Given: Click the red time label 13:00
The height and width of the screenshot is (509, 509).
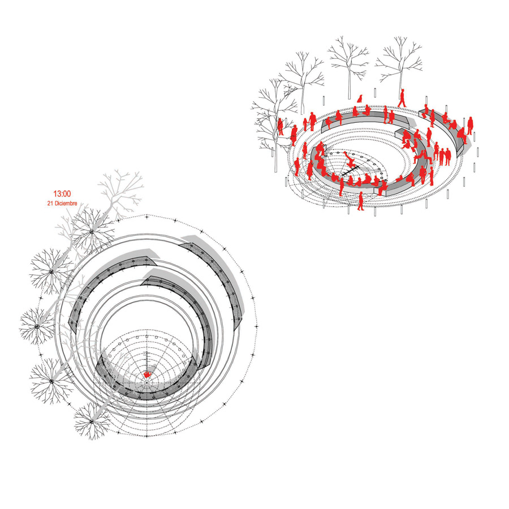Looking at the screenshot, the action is pos(62,194).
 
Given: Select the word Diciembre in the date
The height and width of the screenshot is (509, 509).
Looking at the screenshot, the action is pos(66,204).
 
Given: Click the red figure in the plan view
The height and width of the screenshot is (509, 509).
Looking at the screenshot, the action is pos(148,374).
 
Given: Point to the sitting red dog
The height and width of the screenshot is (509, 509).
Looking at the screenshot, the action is pos(360,98).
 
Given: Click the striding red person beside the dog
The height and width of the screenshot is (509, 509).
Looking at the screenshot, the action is pos(402,98).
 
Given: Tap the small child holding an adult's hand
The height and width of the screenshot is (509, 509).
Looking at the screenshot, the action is pos(305,124).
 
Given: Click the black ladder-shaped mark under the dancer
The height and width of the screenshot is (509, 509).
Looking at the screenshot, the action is pos(350,171).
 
